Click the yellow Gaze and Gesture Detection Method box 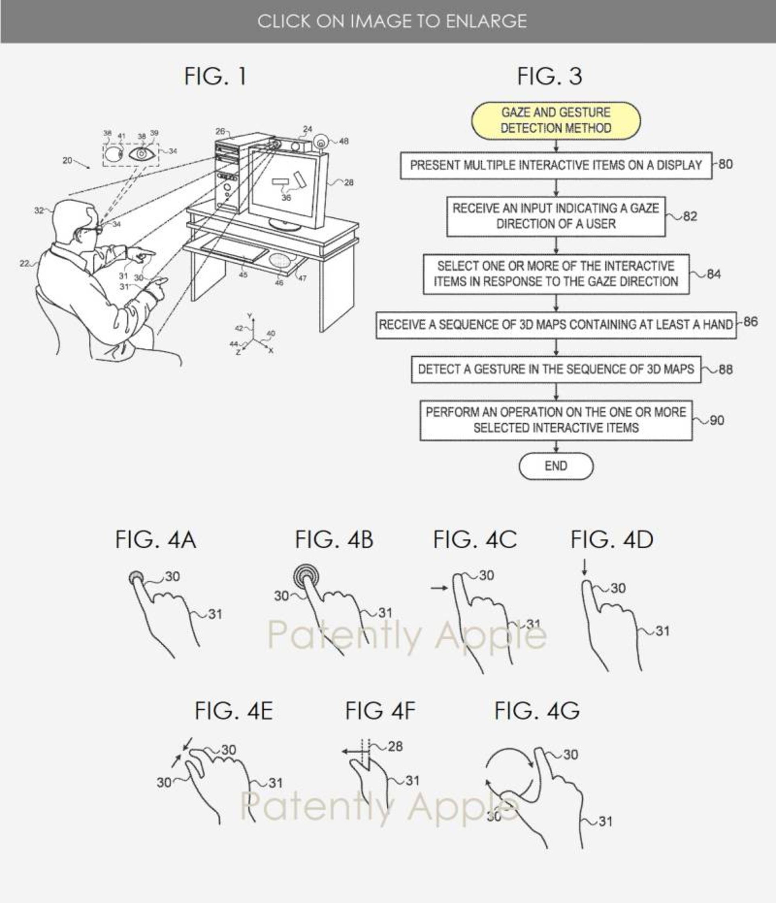[x=556, y=120]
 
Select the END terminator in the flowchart [x=556, y=466]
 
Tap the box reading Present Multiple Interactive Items [x=556, y=165]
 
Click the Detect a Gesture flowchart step [x=556, y=369]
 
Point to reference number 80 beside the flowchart [x=725, y=164]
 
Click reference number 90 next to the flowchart [x=717, y=420]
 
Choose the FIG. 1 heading [x=215, y=76]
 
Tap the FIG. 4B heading [x=334, y=540]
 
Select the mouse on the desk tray [x=279, y=260]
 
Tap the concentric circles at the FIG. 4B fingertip [x=306, y=576]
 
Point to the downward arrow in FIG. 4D [x=584, y=567]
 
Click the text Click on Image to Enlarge [x=392, y=21]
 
